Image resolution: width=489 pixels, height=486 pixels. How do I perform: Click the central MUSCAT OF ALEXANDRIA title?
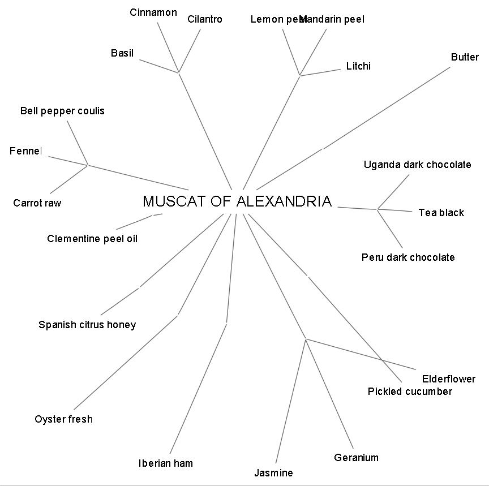(x=237, y=201)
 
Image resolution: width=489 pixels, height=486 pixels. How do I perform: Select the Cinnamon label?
(x=153, y=12)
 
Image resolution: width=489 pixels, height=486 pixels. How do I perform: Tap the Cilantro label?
(x=204, y=19)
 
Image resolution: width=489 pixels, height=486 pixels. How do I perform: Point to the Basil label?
(x=122, y=53)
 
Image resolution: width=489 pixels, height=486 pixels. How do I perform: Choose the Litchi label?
(x=358, y=66)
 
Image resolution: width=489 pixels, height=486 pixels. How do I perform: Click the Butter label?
(x=465, y=57)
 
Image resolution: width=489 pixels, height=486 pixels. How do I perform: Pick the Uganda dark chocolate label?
(x=417, y=165)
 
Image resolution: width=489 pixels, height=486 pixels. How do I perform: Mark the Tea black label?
(x=441, y=213)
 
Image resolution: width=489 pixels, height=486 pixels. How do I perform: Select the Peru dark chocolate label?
(x=407, y=257)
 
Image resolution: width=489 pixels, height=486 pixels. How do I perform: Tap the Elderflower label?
(x=448, y=379)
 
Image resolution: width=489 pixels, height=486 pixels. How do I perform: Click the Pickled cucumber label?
(x=410, y=392)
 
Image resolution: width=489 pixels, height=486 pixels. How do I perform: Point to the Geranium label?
(x=356, y=458)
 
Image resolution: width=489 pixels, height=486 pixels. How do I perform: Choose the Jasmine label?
(x=273, y=473)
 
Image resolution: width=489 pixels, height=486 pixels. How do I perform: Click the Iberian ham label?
(x=166, y=463)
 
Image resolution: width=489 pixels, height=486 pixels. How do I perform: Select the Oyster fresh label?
(x=63, y=419)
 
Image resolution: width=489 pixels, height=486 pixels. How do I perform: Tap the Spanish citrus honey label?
(x=87, y=325)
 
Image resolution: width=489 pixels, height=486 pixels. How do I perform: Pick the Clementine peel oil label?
(x=92, y=239)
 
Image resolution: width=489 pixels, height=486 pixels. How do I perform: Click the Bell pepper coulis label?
(x=62, y=111)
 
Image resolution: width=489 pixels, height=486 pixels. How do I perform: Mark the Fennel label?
(x=25, y=151)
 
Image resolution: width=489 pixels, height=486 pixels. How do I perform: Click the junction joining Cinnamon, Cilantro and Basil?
(x=179, y=72)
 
